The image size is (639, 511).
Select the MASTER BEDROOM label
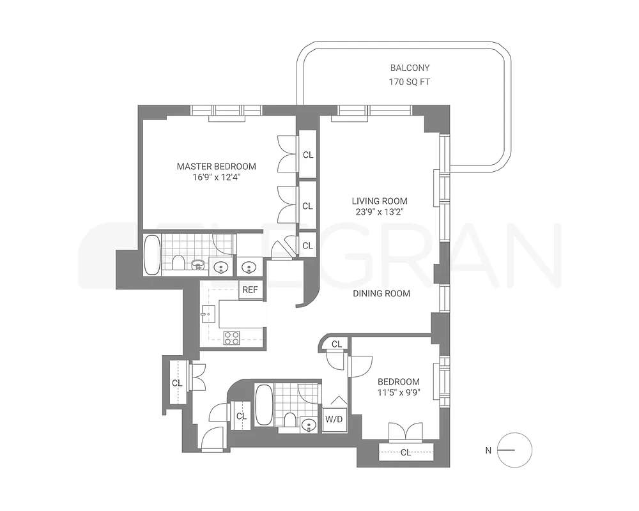point(216,167)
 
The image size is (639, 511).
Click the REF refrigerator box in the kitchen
point(250,289)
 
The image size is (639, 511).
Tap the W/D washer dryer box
point(334,420)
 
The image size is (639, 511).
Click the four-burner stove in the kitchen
point(231,337)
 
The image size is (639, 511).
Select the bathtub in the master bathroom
point(152,255)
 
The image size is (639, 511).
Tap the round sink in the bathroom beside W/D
point(309,424)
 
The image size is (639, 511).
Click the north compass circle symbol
point(514,450)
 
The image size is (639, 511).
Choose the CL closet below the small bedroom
point(405,453)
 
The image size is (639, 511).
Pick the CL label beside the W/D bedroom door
point(337,344)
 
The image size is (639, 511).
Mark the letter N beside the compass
point(488,450)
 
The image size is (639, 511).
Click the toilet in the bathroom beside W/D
point(289,420)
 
